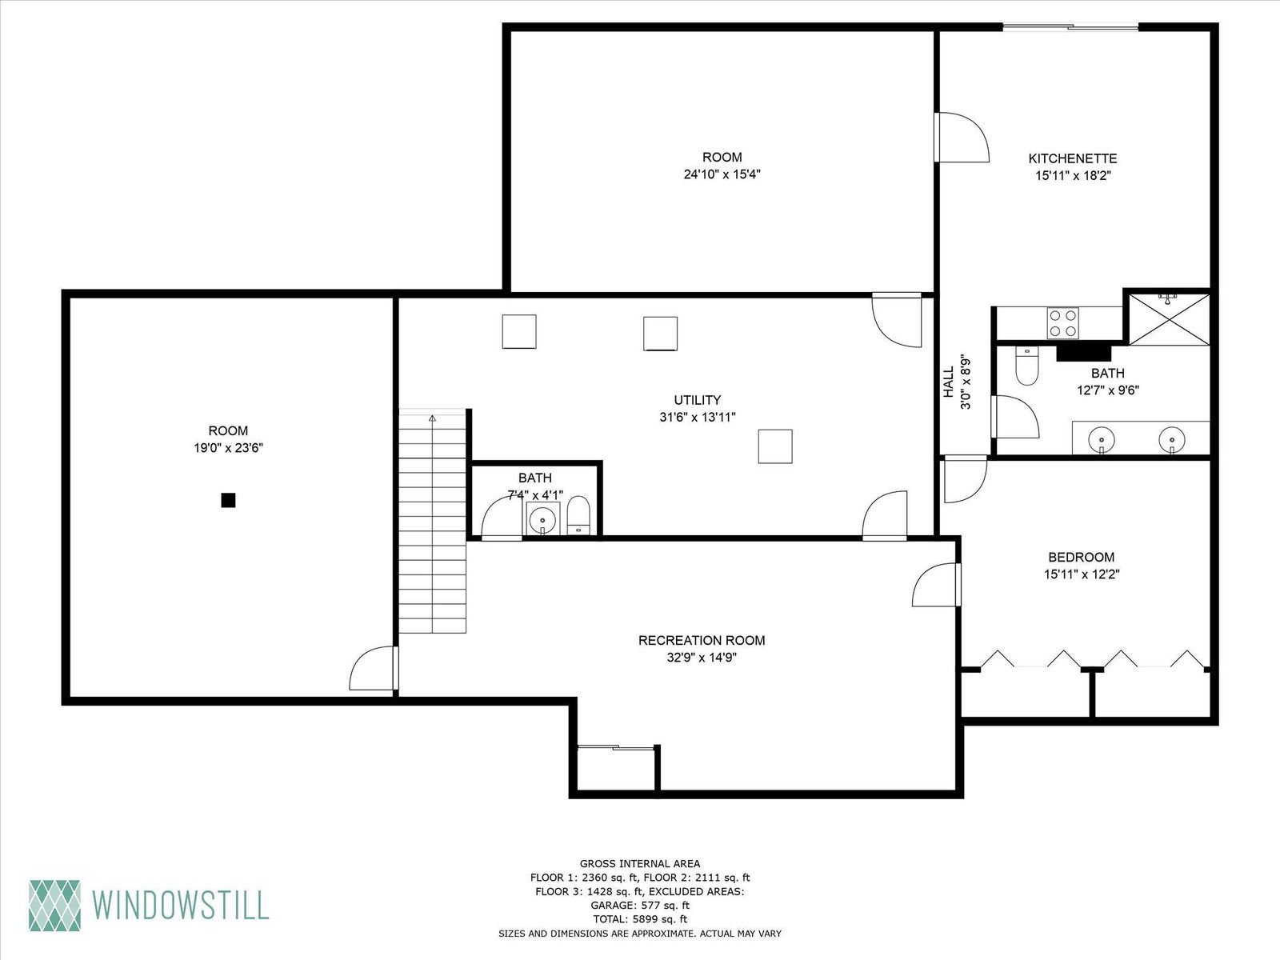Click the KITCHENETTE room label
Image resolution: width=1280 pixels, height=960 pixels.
(x=1073, y=158)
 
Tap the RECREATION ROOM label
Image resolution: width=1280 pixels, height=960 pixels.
(x=702, y=641)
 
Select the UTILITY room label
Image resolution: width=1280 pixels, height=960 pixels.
(x=698, y=400)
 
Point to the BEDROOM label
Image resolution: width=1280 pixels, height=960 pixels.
(x=1081, y=558)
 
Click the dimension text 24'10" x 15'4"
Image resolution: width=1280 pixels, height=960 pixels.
(x=722, y=174)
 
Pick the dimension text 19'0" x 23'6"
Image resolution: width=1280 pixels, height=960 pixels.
(x=229, y=448)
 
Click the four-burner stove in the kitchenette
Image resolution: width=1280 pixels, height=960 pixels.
(x=1062, y=323)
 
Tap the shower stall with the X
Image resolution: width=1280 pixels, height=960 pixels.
(x=1170, y=319)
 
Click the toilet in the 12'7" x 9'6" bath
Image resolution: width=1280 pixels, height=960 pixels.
(x=1026, y=366)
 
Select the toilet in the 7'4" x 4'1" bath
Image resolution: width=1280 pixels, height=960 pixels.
(x=578, y=515)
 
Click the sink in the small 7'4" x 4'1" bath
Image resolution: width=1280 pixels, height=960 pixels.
(x=543, y=518)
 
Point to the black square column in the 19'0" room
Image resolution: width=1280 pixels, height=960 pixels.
(x=228, y=500)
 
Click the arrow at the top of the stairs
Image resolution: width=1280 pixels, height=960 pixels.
(x=432, y=418)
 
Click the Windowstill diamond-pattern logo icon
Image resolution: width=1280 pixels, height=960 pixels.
(x=55, y=906)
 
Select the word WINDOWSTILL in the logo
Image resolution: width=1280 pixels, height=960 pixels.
(x=180, y=906)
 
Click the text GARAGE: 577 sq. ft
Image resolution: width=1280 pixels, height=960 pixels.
(x=640, y=906)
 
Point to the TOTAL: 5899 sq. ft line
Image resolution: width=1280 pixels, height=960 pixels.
(x=640, y=919)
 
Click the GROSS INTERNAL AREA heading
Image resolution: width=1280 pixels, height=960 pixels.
(x=640, y=864)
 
